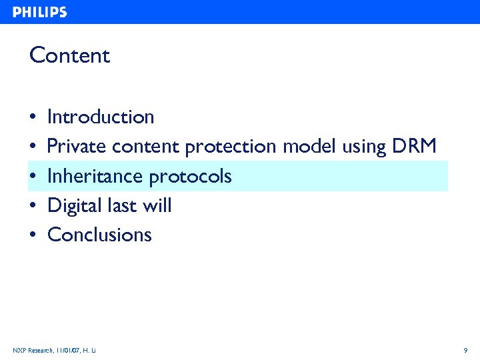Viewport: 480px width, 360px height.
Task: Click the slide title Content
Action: tap(69, 55)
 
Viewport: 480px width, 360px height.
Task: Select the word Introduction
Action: tap(101, 117)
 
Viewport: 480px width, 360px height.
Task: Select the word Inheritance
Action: tap(95, 176)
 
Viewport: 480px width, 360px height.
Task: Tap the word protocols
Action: tap(191, 177)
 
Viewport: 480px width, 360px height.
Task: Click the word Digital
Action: tap(75, 206)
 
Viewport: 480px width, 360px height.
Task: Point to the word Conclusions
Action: tap(100, 235)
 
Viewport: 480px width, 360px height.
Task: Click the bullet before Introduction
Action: tap(33, 118)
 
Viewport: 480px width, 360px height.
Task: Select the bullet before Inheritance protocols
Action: tap(33, 177)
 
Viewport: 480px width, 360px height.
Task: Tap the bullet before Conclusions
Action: tap(33, 235)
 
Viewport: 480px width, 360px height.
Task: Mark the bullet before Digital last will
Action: tap(33, 206)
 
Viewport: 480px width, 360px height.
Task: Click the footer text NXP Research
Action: tap(31, 350)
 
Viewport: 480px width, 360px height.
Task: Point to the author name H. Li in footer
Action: tap(90, 350)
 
